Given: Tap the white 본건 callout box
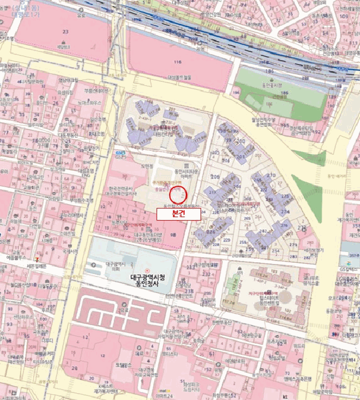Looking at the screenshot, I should (178, 214).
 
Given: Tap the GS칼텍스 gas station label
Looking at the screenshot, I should (347, 267).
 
